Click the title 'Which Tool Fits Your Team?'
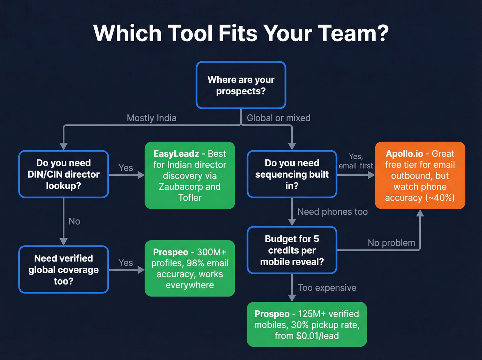[x=241, y=33]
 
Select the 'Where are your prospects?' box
[x=241, y=85]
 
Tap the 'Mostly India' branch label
[x=151, y=118]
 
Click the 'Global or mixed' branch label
[x=279, y=118]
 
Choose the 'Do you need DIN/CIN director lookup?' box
[x=64, y=174]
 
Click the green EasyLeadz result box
[x=190, y=175]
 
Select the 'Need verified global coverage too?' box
[x=64, y=269]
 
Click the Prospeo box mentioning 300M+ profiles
[x=190, y=268]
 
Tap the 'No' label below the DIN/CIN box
[x=74, y=221]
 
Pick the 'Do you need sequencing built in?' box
[x=292, y=174]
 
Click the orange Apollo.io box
[x=420, y=175]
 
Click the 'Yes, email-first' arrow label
[x=356, y=161]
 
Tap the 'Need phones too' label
[x=332, y=212]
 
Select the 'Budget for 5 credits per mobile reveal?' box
[x=292, y=250]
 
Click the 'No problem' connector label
[x=391, y=243]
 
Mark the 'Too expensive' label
[x=327, y=288]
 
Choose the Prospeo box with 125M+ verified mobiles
[x=306, y=325]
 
